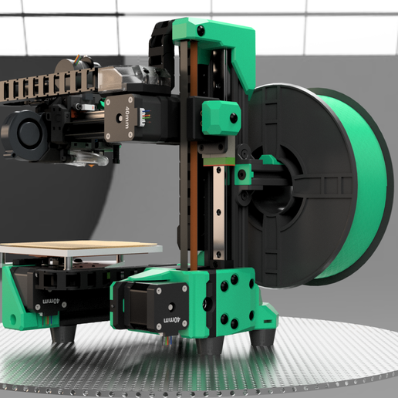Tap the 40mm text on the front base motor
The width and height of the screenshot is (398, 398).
coord(172,320)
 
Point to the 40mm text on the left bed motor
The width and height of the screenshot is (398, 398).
coord(51,301)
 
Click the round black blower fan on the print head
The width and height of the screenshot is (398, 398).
coord(25,134)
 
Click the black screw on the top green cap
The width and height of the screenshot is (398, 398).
coord(201,31)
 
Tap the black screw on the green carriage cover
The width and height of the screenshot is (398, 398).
coord(234,118)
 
